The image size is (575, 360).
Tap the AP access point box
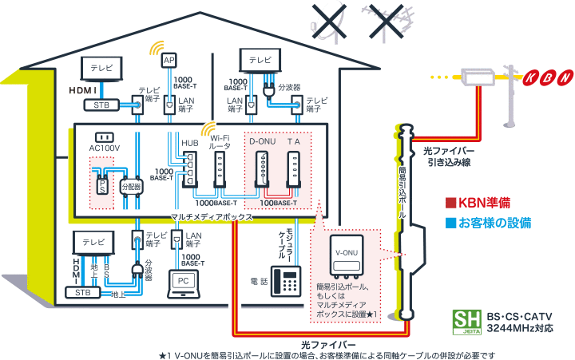(x=169, y=61)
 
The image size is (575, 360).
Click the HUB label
(x=189, y=143)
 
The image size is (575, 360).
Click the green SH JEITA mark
(x=463, y=322)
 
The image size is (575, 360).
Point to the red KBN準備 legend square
(x=450, y=202)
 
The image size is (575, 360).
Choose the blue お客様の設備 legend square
(x=450, y=222)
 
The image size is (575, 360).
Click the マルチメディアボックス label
(x=213, y=216)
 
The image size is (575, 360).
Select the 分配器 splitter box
(x=130, y=186)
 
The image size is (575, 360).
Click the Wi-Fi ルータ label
(x=220, y=143)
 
